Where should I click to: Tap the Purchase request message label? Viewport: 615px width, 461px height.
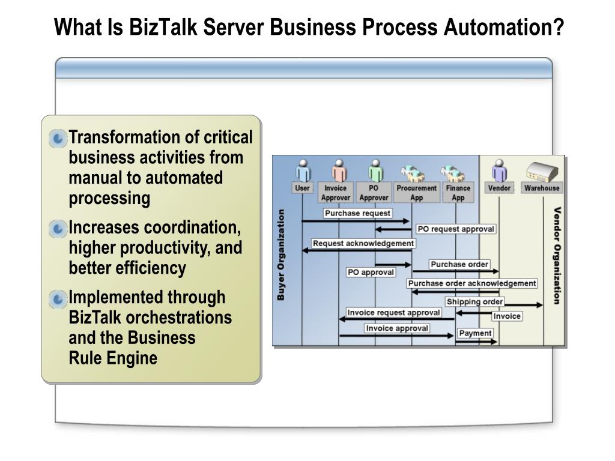(x=357, y=213)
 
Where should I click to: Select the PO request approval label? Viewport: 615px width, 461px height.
(x=456, y=229)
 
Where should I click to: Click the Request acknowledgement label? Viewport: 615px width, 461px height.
(x=363, y=243)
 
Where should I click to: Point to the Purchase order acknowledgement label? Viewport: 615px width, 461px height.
(x=472, y=283)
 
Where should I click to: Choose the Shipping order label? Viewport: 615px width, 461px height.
(x=474, y=301)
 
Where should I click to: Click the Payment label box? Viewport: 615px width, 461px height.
(x=475, y=333)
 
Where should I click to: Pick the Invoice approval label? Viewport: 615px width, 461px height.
(x=397, y=328)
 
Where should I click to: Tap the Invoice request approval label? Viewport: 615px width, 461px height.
(x=393, y=313)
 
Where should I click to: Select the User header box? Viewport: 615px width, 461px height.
(x=302, y=188)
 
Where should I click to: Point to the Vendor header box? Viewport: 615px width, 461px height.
(x=499, y=188)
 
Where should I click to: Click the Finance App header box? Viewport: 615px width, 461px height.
(x=458, y=193)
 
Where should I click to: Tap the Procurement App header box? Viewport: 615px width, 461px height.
(x=416, y=193)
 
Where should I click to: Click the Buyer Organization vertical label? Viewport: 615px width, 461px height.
(x=281, y=255)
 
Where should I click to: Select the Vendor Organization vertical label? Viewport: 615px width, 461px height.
(x=557, y=256)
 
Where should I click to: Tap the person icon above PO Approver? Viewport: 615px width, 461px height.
(x=376, y=170)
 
